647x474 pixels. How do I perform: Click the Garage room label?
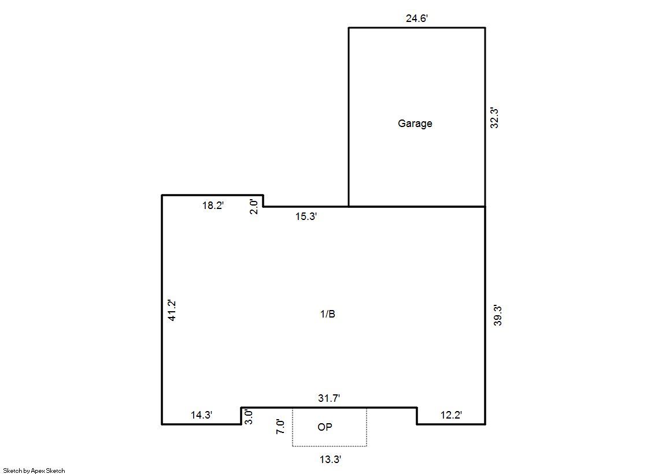click(415, 124)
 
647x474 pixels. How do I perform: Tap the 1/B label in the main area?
click(328, 314)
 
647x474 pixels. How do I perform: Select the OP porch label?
click(325, 427)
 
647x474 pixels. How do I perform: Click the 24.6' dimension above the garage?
click(417, 18)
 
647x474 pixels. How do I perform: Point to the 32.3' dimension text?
click(494, 118)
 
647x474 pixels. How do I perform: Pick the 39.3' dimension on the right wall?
click(498, 315)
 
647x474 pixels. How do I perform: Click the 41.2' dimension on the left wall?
click(172, 311)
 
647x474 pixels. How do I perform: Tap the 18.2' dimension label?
click(213, 206)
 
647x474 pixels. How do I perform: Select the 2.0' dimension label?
click(254, 207)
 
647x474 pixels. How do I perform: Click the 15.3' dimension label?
click(306, 217)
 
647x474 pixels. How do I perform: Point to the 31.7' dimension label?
click(329, 398)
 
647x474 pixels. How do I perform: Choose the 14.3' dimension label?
click(201, 415)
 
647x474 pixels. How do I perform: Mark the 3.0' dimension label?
click(249, 417)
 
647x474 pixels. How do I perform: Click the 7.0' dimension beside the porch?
click(280, 426)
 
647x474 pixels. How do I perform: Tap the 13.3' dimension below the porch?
click(330, 459)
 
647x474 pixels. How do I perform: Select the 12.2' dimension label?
click(451, 415)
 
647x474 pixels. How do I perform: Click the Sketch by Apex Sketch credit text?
click(34, 471)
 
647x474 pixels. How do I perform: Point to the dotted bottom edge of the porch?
click(330, 446)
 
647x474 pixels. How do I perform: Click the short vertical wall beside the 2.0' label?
click(263, 201)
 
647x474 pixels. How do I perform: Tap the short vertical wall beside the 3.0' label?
click(241, 416)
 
